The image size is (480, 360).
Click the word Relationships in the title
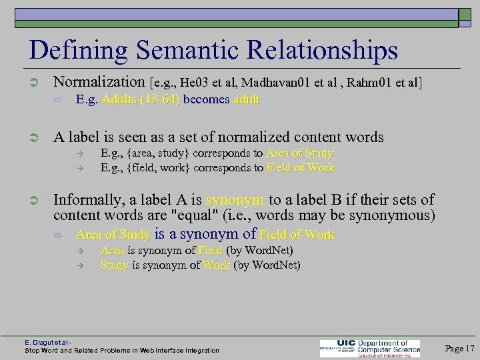tap(322, 51)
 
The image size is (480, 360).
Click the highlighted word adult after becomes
tap(247, 99)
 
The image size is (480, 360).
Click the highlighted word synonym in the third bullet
tap(235, 199)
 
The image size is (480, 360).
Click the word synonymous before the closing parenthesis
tap(389, 215)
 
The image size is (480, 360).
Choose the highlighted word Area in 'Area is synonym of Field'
tap(112, 251)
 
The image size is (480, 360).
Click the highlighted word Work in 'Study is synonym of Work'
tap(217, 265)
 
